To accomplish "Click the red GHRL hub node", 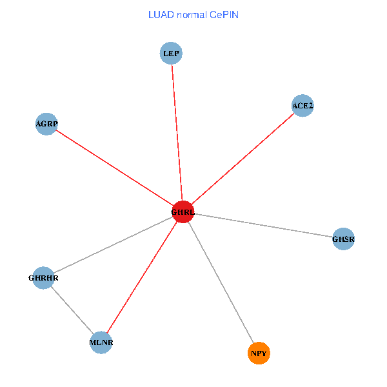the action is pyautogui.click(x=183, y=212).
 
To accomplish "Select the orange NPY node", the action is pyautogui.click(x=259, y=353).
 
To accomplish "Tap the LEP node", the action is pyautogui.click(x=171, y=53).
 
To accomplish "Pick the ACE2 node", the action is pyautogui.click(x=303, y=105).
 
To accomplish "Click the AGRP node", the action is pyautogui.click(x=46, y=124).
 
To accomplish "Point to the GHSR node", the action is pyautogui.click(x=343, y=239).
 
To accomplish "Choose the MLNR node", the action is pyautogui.click(x=101, y=342).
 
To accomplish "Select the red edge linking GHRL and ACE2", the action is pyautogui.click(x=243, y=158).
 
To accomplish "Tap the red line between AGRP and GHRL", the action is pyautogui.click(x=115, y=168).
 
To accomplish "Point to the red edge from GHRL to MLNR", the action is pyautogui.click(x=142, y=277).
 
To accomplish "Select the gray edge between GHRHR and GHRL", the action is pyautogui.click(x=114, y=244).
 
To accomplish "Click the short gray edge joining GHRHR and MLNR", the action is pyautogui.click(x=72, y=310).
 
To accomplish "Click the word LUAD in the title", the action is pyautogui.click(x=160, y=15).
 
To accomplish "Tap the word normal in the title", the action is pyautogui.click(x=192, y=15).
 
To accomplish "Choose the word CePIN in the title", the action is pyautogui.click(x=224, y=15).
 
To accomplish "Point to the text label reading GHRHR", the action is pyautogui.click(x=44, y=279).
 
